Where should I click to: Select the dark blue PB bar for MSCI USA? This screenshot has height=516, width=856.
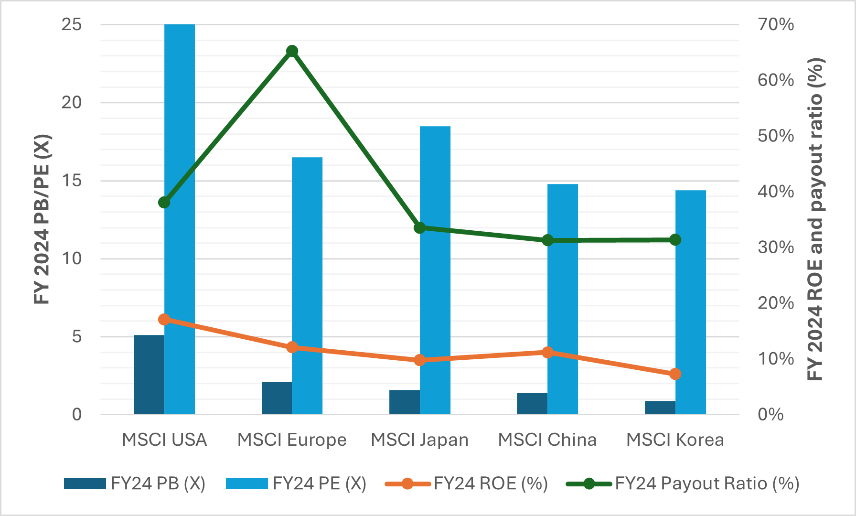(149, 375)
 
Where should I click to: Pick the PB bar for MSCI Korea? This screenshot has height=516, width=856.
(660, 408)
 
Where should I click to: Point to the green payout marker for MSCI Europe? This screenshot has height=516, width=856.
(292, 51)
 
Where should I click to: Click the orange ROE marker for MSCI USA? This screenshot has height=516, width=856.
(164, 320)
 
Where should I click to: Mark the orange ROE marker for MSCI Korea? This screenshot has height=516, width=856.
(675, 374)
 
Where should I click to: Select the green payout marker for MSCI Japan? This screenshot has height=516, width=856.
(420, 228)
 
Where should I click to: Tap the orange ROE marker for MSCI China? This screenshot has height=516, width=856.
(548, 353)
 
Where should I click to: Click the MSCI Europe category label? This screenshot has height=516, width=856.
(292, 440)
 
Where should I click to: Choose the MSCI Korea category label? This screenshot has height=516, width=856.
(675, 440)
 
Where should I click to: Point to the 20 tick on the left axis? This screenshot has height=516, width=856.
(72, 102)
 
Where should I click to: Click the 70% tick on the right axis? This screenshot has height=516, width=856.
(776, 24)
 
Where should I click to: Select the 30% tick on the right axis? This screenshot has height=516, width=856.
(776, 247)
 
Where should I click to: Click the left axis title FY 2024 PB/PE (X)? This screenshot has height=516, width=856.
(42, 220)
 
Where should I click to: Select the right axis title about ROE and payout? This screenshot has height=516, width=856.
(816, 220)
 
